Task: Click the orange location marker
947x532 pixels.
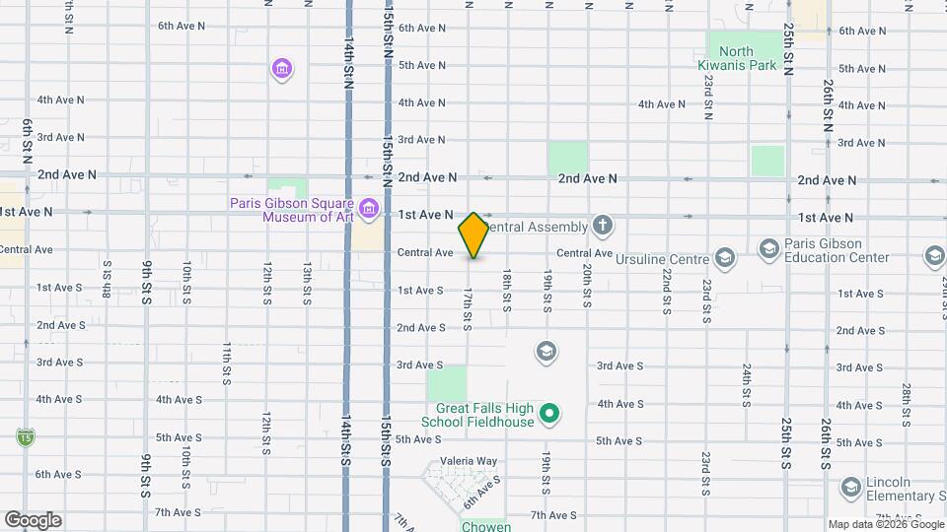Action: [473, 235]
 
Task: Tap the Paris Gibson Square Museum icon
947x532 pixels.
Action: [369, 208]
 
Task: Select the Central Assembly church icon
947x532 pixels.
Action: [603, 227]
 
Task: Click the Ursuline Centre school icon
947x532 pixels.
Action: [725, 258]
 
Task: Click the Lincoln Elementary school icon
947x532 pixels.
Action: [850, 487]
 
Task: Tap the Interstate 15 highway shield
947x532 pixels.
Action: [24, 435]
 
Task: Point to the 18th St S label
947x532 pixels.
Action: [506, 291]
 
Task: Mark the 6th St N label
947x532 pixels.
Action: [27, 139]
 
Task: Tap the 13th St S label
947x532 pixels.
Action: [308, 284]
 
